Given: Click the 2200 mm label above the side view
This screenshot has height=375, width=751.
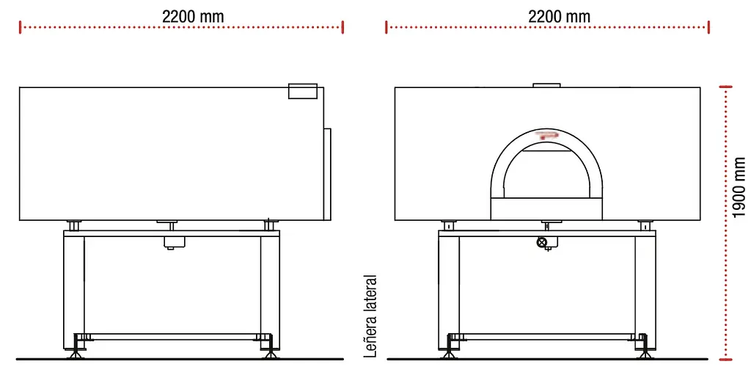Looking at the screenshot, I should [193, 15].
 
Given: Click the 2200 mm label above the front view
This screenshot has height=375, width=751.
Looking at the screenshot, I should [559, 15].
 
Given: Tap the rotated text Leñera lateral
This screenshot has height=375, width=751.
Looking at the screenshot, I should [371, 316].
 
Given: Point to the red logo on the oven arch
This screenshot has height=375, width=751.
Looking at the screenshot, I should [546, 135].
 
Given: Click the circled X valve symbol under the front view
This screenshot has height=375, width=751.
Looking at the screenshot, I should [542, 243].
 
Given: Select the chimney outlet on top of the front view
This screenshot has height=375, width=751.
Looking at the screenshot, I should [546, 84].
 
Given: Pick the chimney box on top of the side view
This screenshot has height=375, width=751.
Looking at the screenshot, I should [302, 90].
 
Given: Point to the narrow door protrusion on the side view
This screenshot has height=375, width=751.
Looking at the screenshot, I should [328, 174].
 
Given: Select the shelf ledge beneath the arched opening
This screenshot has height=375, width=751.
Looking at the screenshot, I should [547, 208].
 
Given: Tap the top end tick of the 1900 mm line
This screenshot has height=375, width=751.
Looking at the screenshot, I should [726, 87].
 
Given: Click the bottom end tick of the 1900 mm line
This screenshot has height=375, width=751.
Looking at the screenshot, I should [726, 359].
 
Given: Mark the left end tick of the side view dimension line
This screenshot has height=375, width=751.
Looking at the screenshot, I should [21, 27].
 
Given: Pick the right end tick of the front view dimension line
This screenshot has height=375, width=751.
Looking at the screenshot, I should [708, 27].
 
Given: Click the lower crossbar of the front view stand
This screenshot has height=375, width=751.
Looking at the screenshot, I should [547, 337].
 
